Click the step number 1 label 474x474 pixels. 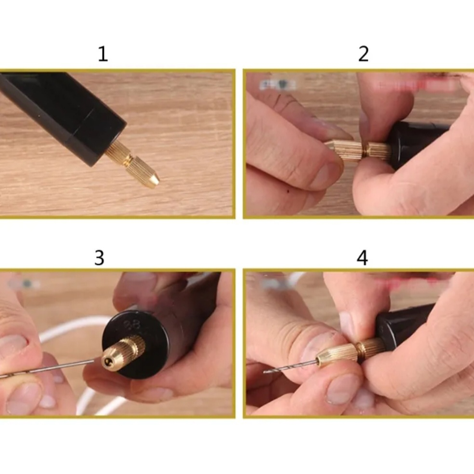tap(103, 54)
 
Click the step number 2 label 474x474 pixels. tap(363, 54)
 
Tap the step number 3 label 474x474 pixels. tap(99, 258)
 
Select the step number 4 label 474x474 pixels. tap(362, 258)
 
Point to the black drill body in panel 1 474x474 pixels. tap(62, 112)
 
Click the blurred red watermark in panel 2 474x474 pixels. tap(416, 85)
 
